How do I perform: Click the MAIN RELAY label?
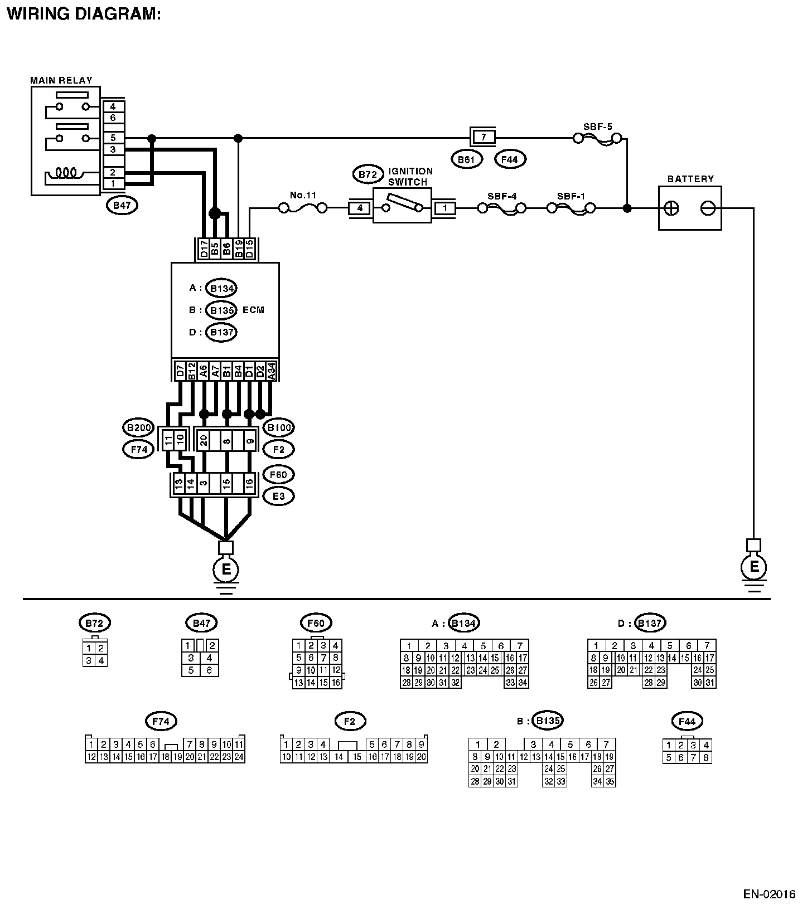[61, 80]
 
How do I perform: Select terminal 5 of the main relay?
[113, 138]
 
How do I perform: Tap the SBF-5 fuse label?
[597, 126]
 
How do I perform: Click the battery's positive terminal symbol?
[673, 208]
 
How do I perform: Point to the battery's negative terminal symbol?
[708, 208]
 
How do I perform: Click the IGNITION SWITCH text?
[410, 177]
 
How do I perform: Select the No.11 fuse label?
[303, 195]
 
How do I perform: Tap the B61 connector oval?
[466, 160]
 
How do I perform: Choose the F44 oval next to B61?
[510, 160]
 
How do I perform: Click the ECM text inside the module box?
[253, 310]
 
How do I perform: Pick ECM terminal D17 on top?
[204, 249]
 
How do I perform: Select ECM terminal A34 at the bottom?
[272, 371]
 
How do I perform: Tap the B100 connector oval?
[278, 428]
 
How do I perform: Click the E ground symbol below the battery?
[754, 567]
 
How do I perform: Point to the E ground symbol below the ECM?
[226, 570]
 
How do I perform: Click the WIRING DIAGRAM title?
[84, 13]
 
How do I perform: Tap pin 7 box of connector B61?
[483, 137]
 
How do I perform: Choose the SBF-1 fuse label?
[571, 196]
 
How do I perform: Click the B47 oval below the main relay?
[122, 205]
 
